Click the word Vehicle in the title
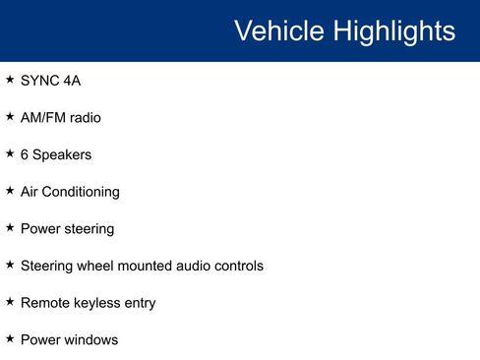279,30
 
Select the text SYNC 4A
50,81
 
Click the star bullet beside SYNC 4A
10,79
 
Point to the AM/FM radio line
60,118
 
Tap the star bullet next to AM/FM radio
10,116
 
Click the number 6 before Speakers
25,154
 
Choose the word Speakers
62,154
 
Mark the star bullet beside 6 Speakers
10,152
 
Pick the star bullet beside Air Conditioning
10,190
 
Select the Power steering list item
67,229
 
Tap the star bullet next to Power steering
10,227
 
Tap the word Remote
43,303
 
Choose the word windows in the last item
90,340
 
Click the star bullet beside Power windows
10,338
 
